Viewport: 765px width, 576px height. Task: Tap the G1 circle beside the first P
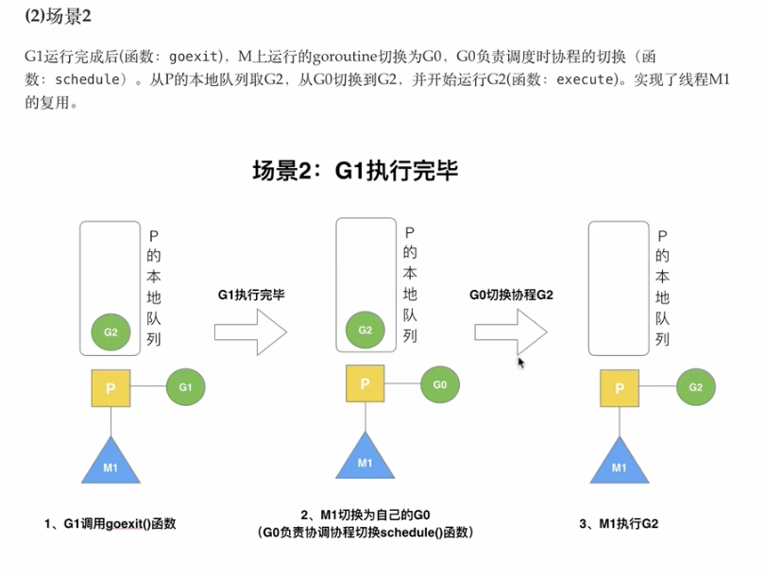(x=185, y=386)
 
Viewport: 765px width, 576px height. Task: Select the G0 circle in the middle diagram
(x=439, y=384)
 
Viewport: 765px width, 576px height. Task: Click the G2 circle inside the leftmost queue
(x=110, y=331)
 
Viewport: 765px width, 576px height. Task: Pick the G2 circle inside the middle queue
(x=365, y=330)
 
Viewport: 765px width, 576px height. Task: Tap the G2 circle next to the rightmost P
(x=696, y=387)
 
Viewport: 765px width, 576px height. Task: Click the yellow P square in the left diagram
(x=110, y=388)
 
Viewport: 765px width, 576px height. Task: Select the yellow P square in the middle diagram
(x=365, y=384)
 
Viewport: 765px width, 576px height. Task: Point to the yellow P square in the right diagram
(x=620, y=387)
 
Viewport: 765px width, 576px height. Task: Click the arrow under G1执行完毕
(x=250, y=330)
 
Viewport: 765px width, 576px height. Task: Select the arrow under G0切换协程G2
(x=511, y=330)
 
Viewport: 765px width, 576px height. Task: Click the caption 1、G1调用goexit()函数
(x=110, y=523)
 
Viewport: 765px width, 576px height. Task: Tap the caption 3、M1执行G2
(x=619, y=523)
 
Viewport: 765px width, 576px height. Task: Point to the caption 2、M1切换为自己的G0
(x=365, y=515)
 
